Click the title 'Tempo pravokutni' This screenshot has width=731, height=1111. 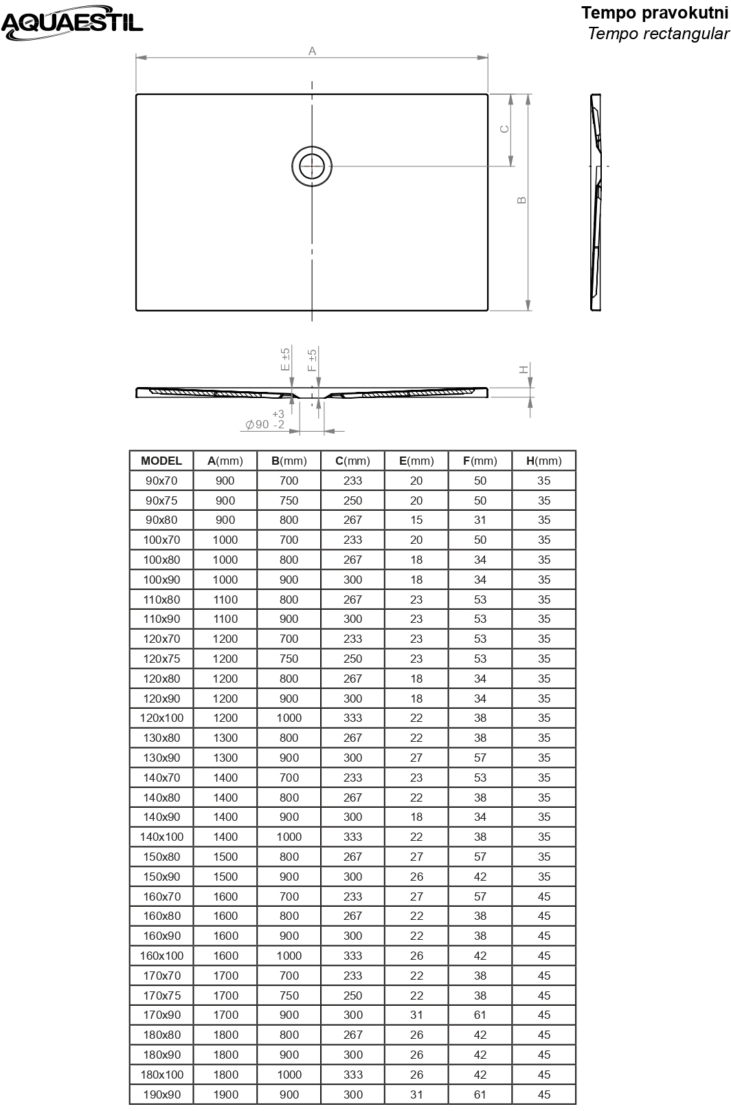654,13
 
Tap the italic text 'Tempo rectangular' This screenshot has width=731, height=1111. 658,34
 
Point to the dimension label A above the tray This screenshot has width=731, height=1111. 312,51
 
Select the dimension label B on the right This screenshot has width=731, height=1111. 521,200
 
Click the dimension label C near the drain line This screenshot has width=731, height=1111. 504,129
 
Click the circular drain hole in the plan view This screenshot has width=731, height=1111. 312,166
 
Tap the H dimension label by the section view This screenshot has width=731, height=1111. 524,369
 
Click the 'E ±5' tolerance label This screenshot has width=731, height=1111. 286,360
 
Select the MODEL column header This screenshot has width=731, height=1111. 161,461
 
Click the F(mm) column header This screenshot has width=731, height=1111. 480,461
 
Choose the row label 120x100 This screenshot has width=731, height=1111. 161,718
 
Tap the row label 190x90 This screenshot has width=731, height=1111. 161,1094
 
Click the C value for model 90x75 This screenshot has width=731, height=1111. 352,500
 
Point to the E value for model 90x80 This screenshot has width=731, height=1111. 416,520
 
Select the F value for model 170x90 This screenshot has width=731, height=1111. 480,1015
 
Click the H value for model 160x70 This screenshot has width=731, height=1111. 544,896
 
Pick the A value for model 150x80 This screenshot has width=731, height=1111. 225,857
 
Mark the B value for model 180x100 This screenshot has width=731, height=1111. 289,1075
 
